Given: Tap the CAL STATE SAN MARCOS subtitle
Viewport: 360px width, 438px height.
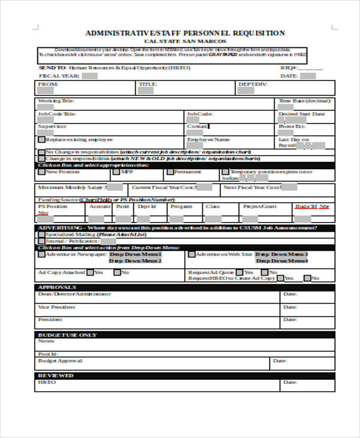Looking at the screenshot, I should coord(185,42).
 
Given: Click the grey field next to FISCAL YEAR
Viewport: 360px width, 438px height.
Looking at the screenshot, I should coord(89,76).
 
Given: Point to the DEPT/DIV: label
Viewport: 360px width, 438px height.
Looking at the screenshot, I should coord(253,85).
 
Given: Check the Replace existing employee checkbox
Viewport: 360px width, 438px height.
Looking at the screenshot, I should coord(41,139).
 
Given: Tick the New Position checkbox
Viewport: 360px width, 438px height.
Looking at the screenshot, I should coord(41,172).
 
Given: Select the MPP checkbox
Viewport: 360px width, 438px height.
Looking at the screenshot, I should coord(116,172).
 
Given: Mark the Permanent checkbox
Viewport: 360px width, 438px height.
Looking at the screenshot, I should coord(170,172).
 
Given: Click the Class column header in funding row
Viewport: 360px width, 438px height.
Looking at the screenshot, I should coord(212,206).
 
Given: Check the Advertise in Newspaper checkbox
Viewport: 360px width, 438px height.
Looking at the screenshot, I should coord(41,254).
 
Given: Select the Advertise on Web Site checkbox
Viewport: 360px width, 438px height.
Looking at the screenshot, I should coord(191,254).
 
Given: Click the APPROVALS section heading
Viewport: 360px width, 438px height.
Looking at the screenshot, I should coord(57,287).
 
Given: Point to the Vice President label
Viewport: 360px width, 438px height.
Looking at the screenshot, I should coord(57,307).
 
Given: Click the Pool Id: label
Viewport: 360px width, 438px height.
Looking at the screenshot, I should coord(48,354).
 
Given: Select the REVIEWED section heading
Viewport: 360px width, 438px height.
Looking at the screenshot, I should coord(56,375).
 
